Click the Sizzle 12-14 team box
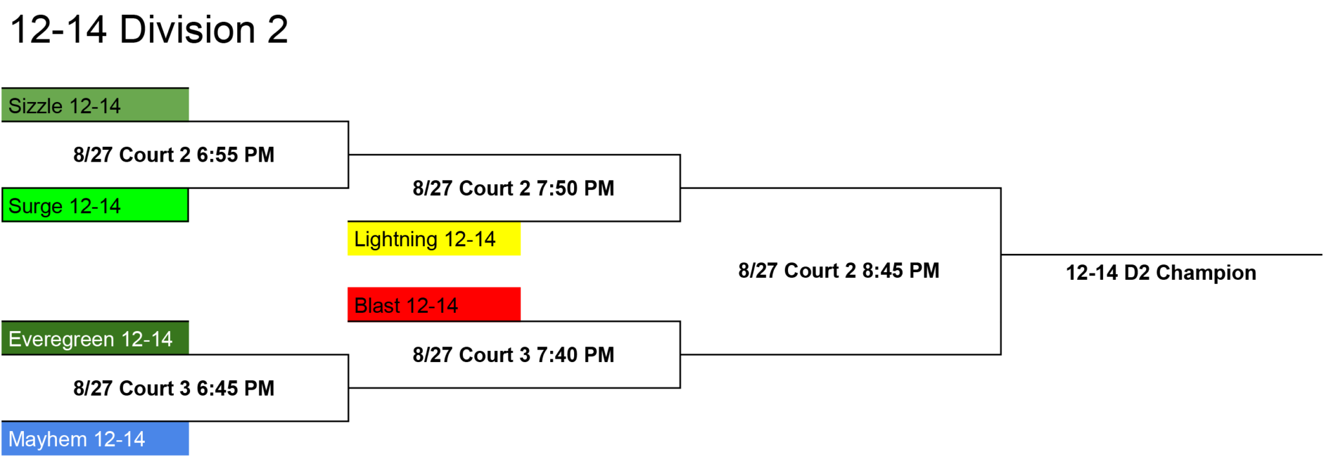click(x=95, y=105)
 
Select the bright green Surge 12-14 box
click(x=95, y=205)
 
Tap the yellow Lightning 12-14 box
click(x=434, y=239)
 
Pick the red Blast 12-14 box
click(x=434, y=304)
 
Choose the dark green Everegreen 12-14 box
click(x=95, y=338)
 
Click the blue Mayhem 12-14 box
click(x=95, y=438)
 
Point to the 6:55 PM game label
click(x=174, y=154)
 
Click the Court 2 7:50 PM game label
click(x=513, y=188)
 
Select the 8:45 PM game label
click(x=838, y=270)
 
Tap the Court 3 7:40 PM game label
click(x=513, y=354)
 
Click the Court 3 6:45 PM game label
click(x=174, y=388)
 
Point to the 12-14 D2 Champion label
click(x=1161, y=273)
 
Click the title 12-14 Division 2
click(x=149, y=30)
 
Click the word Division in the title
click(x=188, y=30)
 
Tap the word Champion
click(x=1206, y=273)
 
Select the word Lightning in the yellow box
click(x=396, y=240)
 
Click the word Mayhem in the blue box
click(x=48, y=440)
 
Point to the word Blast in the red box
click(x=377, y=305)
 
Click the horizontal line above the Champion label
click(x=1162, y=255)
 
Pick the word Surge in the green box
click(x=36, y=207)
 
